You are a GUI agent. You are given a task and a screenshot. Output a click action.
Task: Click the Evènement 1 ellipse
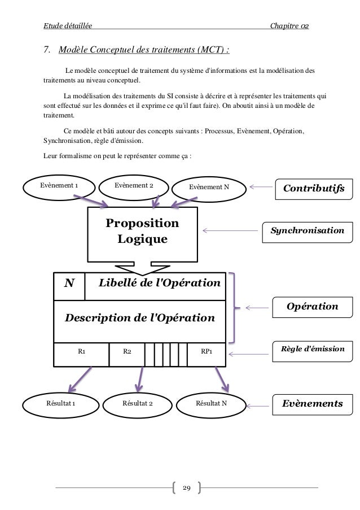click(x=59, y=185)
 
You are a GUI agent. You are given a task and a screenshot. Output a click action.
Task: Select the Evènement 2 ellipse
click(x=134, y=186)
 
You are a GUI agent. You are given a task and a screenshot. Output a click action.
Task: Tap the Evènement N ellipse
click(x=209, y=187)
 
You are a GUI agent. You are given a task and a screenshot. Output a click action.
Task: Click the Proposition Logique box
click(x=142, y=231)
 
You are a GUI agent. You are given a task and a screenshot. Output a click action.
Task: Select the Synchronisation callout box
click(x=306, y=231)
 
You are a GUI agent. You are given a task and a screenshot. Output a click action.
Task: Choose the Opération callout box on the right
click(x=312, y=306)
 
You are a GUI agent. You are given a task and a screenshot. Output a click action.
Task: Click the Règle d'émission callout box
click(x=312, y=350)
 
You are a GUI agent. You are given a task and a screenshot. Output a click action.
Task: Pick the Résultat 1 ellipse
click(x=60, y=403)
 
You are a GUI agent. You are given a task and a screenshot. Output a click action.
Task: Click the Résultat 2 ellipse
click(x=138, y=403)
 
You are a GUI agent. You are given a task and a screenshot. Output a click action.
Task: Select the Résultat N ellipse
click(x=211, y=403)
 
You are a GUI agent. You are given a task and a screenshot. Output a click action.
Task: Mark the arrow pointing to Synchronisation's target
click(x=229, y=230)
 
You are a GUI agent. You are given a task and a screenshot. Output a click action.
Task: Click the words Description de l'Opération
click(x=141, y=317)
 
